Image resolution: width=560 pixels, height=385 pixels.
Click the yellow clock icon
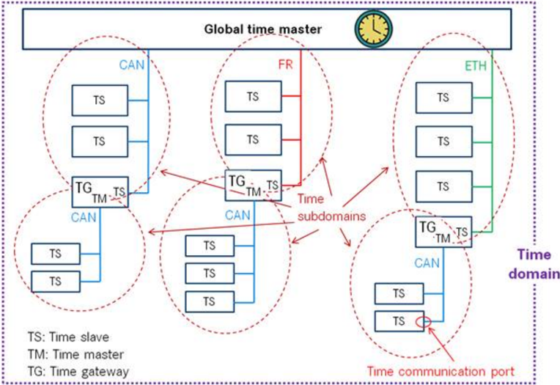[374, 29]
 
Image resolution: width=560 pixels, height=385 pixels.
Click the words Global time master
[263, 29]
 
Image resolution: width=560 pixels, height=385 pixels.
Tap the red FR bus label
[285, 65]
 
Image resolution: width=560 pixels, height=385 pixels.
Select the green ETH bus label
[476, 66]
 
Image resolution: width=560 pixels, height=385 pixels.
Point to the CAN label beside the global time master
[132, 65]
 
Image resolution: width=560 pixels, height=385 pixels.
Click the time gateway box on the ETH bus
[443, 232]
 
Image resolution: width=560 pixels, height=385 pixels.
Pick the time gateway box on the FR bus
[253, 186]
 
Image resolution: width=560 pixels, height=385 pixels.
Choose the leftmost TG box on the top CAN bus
[100, 192]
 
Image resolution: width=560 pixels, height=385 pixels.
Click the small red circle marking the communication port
[423, 322]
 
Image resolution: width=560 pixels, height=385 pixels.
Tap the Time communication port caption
[441, 371]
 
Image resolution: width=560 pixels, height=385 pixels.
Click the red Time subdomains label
[331, 208]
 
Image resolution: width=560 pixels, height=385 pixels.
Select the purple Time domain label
[534, 264]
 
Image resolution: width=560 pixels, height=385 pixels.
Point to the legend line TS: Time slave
[68, 337]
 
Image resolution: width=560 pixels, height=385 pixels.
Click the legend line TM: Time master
[75, 354]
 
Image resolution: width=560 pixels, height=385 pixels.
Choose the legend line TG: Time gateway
[78, 372]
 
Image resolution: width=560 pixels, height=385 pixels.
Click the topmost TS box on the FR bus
[253, 97]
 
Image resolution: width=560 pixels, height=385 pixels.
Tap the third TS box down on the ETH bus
[444, 186]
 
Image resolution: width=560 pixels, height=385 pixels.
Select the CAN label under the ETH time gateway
[427, 263]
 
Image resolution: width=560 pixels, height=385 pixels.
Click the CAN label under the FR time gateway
[237, 215]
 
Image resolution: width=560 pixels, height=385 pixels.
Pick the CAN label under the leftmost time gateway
[84, 217]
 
